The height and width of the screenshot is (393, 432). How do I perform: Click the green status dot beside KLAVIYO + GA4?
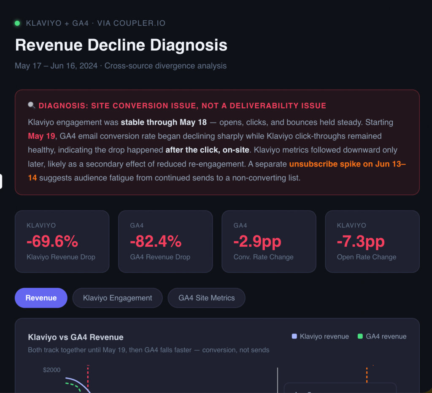click(17, 23)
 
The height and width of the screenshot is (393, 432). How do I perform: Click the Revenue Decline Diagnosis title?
click(121, 45)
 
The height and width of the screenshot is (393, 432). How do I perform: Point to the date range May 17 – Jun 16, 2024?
click(56, 65)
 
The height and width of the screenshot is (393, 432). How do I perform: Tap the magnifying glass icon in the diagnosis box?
click(31, 105)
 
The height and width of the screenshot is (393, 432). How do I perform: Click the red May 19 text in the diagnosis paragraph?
click(41, 136)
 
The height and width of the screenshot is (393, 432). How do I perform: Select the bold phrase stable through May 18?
click(164, 122)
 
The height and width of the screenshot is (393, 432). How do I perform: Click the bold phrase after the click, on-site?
click(207, 150)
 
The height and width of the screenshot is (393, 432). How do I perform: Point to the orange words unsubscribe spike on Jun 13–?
click(348, 164)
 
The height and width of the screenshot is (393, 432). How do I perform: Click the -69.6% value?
click(52, 241)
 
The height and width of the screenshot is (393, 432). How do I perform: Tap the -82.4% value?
click(156, 241)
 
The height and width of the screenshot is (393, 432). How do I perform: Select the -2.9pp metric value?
click(257, 241)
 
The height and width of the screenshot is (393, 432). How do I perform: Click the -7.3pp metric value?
click(361, 241)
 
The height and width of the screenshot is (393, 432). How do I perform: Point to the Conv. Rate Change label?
click(263, 257)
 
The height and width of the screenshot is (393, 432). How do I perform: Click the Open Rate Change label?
click(367, 257)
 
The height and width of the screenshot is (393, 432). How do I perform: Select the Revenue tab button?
click(41, 298)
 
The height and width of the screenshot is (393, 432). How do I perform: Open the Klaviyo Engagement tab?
click(117, 298)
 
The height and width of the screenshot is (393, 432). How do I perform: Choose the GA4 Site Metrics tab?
click(206, 298)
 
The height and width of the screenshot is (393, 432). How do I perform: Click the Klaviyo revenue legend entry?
click(321, 336)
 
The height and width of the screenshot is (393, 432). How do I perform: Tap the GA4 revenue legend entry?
click(382, 336)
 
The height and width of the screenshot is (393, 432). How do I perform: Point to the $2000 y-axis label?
click(51, 370)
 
